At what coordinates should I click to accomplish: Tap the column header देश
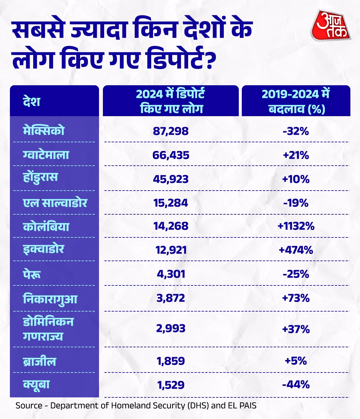coord(31,101)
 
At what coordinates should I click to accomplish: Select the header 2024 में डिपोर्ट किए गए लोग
coord(171,101)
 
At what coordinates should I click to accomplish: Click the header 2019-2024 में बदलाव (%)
coord(296,101)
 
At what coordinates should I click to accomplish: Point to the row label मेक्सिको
coord(44,131)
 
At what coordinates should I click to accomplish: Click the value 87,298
coord(171,131)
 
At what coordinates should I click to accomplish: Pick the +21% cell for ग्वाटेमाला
coord(296,155)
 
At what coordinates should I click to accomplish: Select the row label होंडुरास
coord(40,178)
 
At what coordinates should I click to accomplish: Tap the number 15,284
coord(171,203)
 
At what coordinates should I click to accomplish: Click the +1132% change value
coord(296,226)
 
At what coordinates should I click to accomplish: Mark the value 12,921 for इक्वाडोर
coord(171,250)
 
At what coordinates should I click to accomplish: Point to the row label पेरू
coord(32,274)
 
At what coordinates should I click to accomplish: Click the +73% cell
coord(296,298)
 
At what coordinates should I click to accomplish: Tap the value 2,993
coord(171,328)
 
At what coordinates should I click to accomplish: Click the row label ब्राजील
coord(40,361)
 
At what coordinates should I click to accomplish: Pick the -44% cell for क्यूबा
coord(296,384)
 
